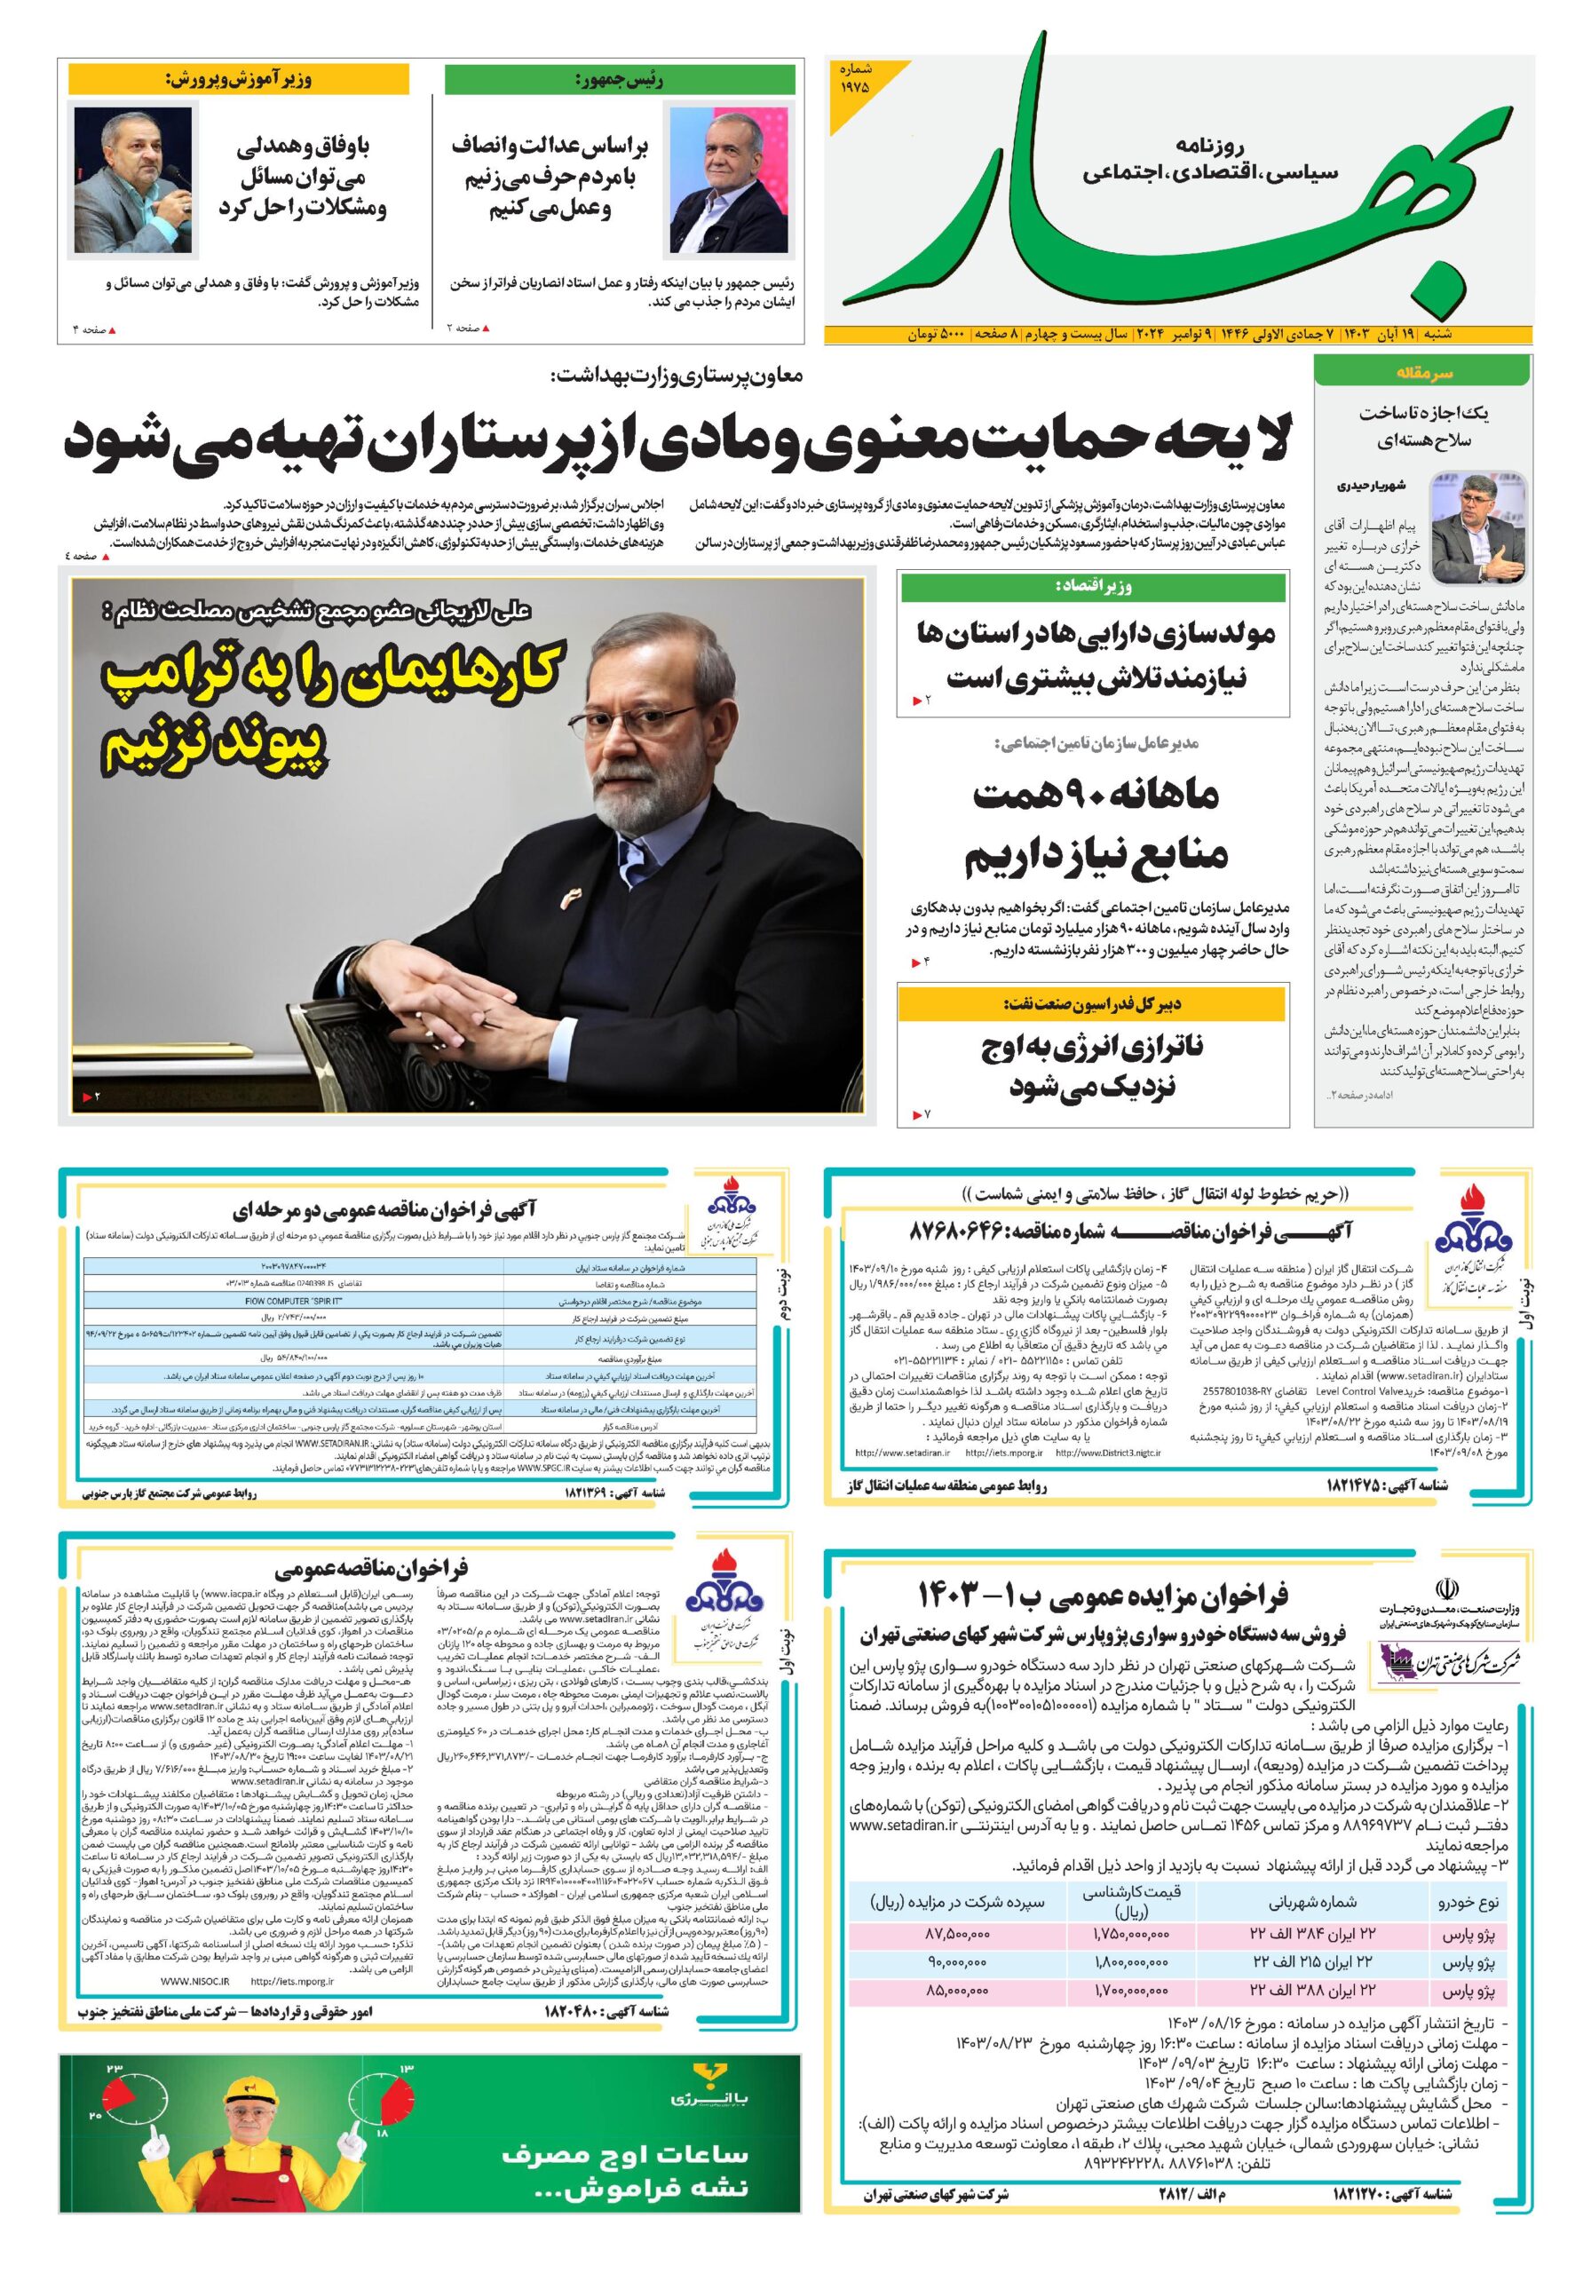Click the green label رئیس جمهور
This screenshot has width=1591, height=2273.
click(619, 80)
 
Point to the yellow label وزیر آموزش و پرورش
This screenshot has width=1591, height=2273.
click(238, 79)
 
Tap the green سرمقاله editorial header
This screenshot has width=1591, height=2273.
click(1422, 372)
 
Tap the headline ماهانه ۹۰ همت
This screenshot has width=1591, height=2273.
click(1096, 795)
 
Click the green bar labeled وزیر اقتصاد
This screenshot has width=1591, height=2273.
click(1092, 587)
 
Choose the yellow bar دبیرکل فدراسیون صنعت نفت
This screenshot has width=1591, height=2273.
click(1092, 1004)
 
